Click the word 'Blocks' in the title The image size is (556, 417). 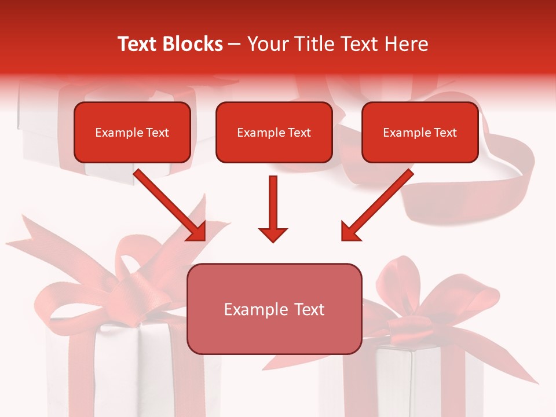[194, 44]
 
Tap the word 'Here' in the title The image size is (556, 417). [407, 44]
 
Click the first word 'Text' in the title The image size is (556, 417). [139, 44]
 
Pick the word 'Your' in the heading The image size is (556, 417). [268, 44]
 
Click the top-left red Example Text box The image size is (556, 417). [132, 133]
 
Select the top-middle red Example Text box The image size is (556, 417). [274, 133]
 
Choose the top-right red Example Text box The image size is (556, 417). [420, 133]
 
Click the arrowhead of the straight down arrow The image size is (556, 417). [273, 234]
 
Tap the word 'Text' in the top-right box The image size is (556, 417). [445, 133]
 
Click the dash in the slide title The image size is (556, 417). [235, 44]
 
